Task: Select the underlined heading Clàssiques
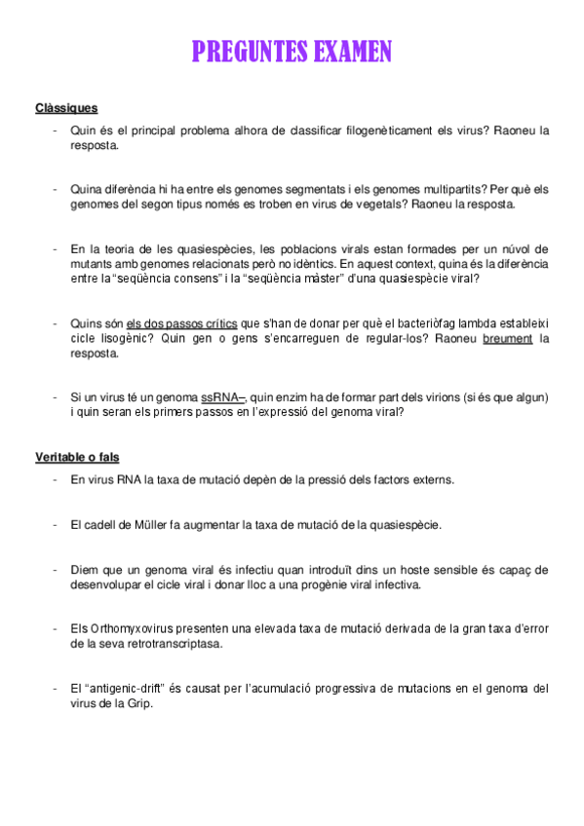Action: click(x=66, y=108)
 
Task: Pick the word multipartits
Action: click(x=447, y=189)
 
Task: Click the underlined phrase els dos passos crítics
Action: click(x=181, y=323)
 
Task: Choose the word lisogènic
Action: click(x=127, y=338)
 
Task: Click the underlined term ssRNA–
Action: click(x=223, y=397)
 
